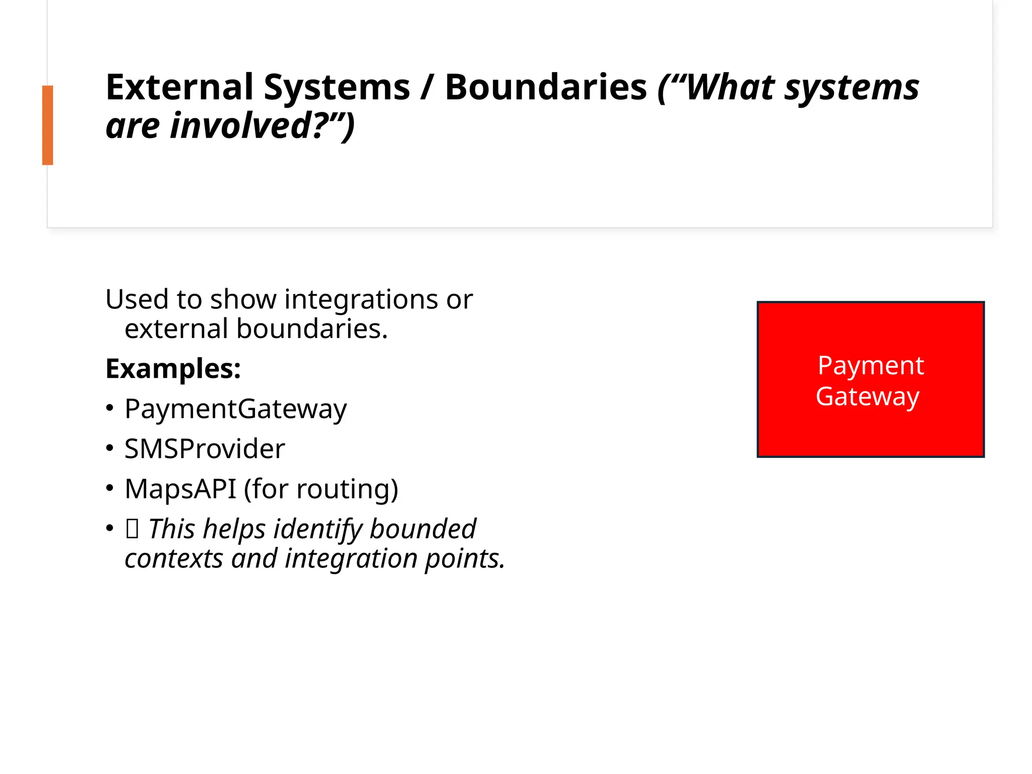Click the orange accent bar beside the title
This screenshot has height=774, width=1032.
(47, 125)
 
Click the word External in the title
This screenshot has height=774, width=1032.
(179, 88)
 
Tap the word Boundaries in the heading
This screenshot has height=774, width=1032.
(545, 88)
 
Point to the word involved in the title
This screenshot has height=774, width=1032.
(242, 126)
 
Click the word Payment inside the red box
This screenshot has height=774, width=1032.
(870, 366)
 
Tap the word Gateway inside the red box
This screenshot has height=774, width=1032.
(867, 397)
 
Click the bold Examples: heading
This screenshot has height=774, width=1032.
(173, 368)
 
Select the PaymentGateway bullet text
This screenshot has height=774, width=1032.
(235, 409)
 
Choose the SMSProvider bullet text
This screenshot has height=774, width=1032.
(205, 448)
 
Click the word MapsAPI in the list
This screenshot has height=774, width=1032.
(180, 489)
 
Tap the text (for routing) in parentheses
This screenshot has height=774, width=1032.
(321, 489)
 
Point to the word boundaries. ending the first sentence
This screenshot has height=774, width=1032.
(312, 329)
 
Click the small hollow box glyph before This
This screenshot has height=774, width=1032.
(132, 529)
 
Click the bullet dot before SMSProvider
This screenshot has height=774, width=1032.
(110, 448)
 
